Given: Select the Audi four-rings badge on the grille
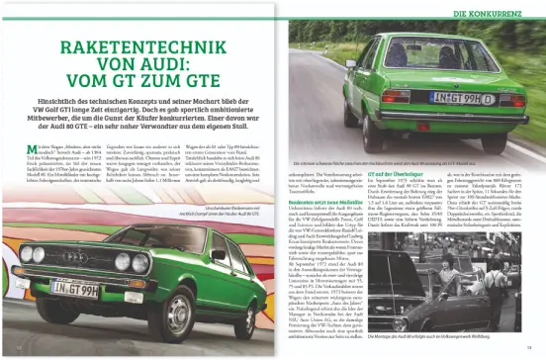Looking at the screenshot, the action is point(75,260).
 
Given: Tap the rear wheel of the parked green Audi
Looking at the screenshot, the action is point(237,297).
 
